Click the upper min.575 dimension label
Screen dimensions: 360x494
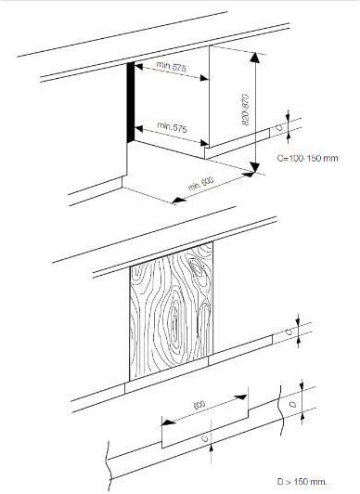pyautogui.click(x=172, y=67)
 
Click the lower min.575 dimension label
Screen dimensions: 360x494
pyautogui.click(x=173, y=127)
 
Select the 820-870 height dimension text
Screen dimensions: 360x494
pyautogui.click(x=246, y=109)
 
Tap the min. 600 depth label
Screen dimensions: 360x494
pyautogui.click(x=200, y=183)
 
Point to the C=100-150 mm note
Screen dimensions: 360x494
pyautogui.click(x=307, y=158)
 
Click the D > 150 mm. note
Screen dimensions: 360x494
pyautogui.click(x=302, y=481)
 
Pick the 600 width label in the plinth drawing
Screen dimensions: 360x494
pyautogui.click(x=199, y=405)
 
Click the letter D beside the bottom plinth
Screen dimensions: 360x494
pyautogui.click(x=293, y=404)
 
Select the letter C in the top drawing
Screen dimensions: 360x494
pyautogui.click(x=278, y=127)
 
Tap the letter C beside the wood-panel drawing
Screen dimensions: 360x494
pyautogui.click(x=289, y=331)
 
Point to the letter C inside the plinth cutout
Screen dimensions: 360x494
pyautogui.click(x=205, y=438)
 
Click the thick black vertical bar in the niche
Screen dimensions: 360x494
pyautogui.click(x=131, y=103)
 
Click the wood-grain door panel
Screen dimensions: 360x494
pyautogui.click(x=172, y=311)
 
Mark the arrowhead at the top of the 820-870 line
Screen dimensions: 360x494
pyautogui.click(x=255, y=58)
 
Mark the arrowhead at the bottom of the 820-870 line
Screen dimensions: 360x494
pyautogui.click(x=255, y=167)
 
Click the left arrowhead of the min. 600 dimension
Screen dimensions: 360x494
pyautogui.click(x=179, y=200)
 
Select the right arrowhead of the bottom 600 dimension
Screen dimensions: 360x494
pyautogui.click(x=240, y=397)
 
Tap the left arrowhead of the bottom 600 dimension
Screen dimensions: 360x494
pyautogui.click(x=169, y=422)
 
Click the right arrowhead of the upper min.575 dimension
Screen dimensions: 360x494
pyautogui.click(x=204, y=78)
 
